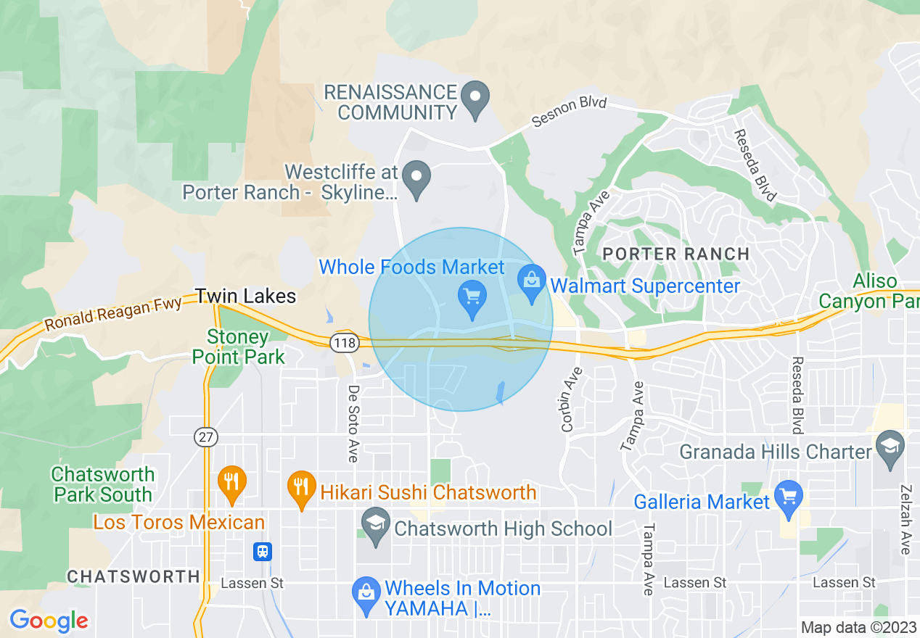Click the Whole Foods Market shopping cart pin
472,297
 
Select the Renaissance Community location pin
476,100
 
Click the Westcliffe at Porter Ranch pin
416,178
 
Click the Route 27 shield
206,436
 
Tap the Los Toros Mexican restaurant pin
232,483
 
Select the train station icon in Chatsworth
262,552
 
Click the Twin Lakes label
245,296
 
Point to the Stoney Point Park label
238,347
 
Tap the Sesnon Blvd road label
569,112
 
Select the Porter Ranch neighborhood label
676,254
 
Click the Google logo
49,621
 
